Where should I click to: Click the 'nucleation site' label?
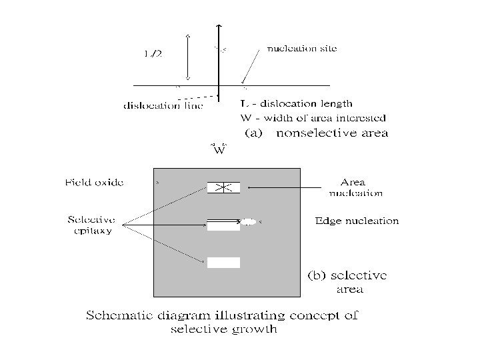[302, 49]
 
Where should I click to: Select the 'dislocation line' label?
[163, 105]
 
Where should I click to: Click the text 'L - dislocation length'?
[296, 104]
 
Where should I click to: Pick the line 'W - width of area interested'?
[313, 118]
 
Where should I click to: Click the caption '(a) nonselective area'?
[317, 133]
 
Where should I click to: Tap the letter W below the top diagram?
[219, 151]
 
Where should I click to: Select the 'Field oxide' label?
[94, 182]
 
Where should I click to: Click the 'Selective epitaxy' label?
[91, 225]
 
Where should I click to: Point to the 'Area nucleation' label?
[355, 187]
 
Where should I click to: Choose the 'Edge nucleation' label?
[357, 221]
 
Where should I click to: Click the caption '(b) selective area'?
[346, 281]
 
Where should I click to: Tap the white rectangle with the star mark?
[223, 187]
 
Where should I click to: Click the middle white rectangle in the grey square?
[223, 224]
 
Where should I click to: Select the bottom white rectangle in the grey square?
[223, 262]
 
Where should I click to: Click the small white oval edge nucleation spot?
[249, 221]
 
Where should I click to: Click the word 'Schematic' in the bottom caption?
[121, 315]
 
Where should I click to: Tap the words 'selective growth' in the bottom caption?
[223, 329]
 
